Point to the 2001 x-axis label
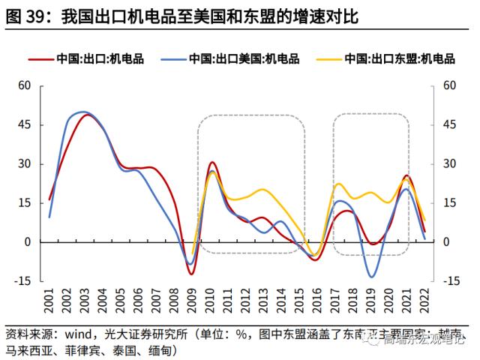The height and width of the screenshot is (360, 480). pos(49,303)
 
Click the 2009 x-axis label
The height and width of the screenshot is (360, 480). pos(191,303)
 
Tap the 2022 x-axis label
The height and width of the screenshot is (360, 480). pos(424,303)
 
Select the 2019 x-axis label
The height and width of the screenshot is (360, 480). pos(371,303)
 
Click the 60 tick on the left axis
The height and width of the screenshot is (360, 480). pos(24,85)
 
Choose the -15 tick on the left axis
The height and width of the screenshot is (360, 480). pos(22,281)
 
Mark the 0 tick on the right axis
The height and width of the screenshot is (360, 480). pos(447,242)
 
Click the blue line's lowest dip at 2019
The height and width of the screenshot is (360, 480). pos(371,277)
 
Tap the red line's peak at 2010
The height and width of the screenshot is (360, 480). pos(212,162)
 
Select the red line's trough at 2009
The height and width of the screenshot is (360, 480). pos(191,274)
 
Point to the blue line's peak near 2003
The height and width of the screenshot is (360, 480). pos(81,112)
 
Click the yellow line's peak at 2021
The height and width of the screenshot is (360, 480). pos(406,179)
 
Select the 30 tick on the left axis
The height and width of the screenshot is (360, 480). pos(24,163)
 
